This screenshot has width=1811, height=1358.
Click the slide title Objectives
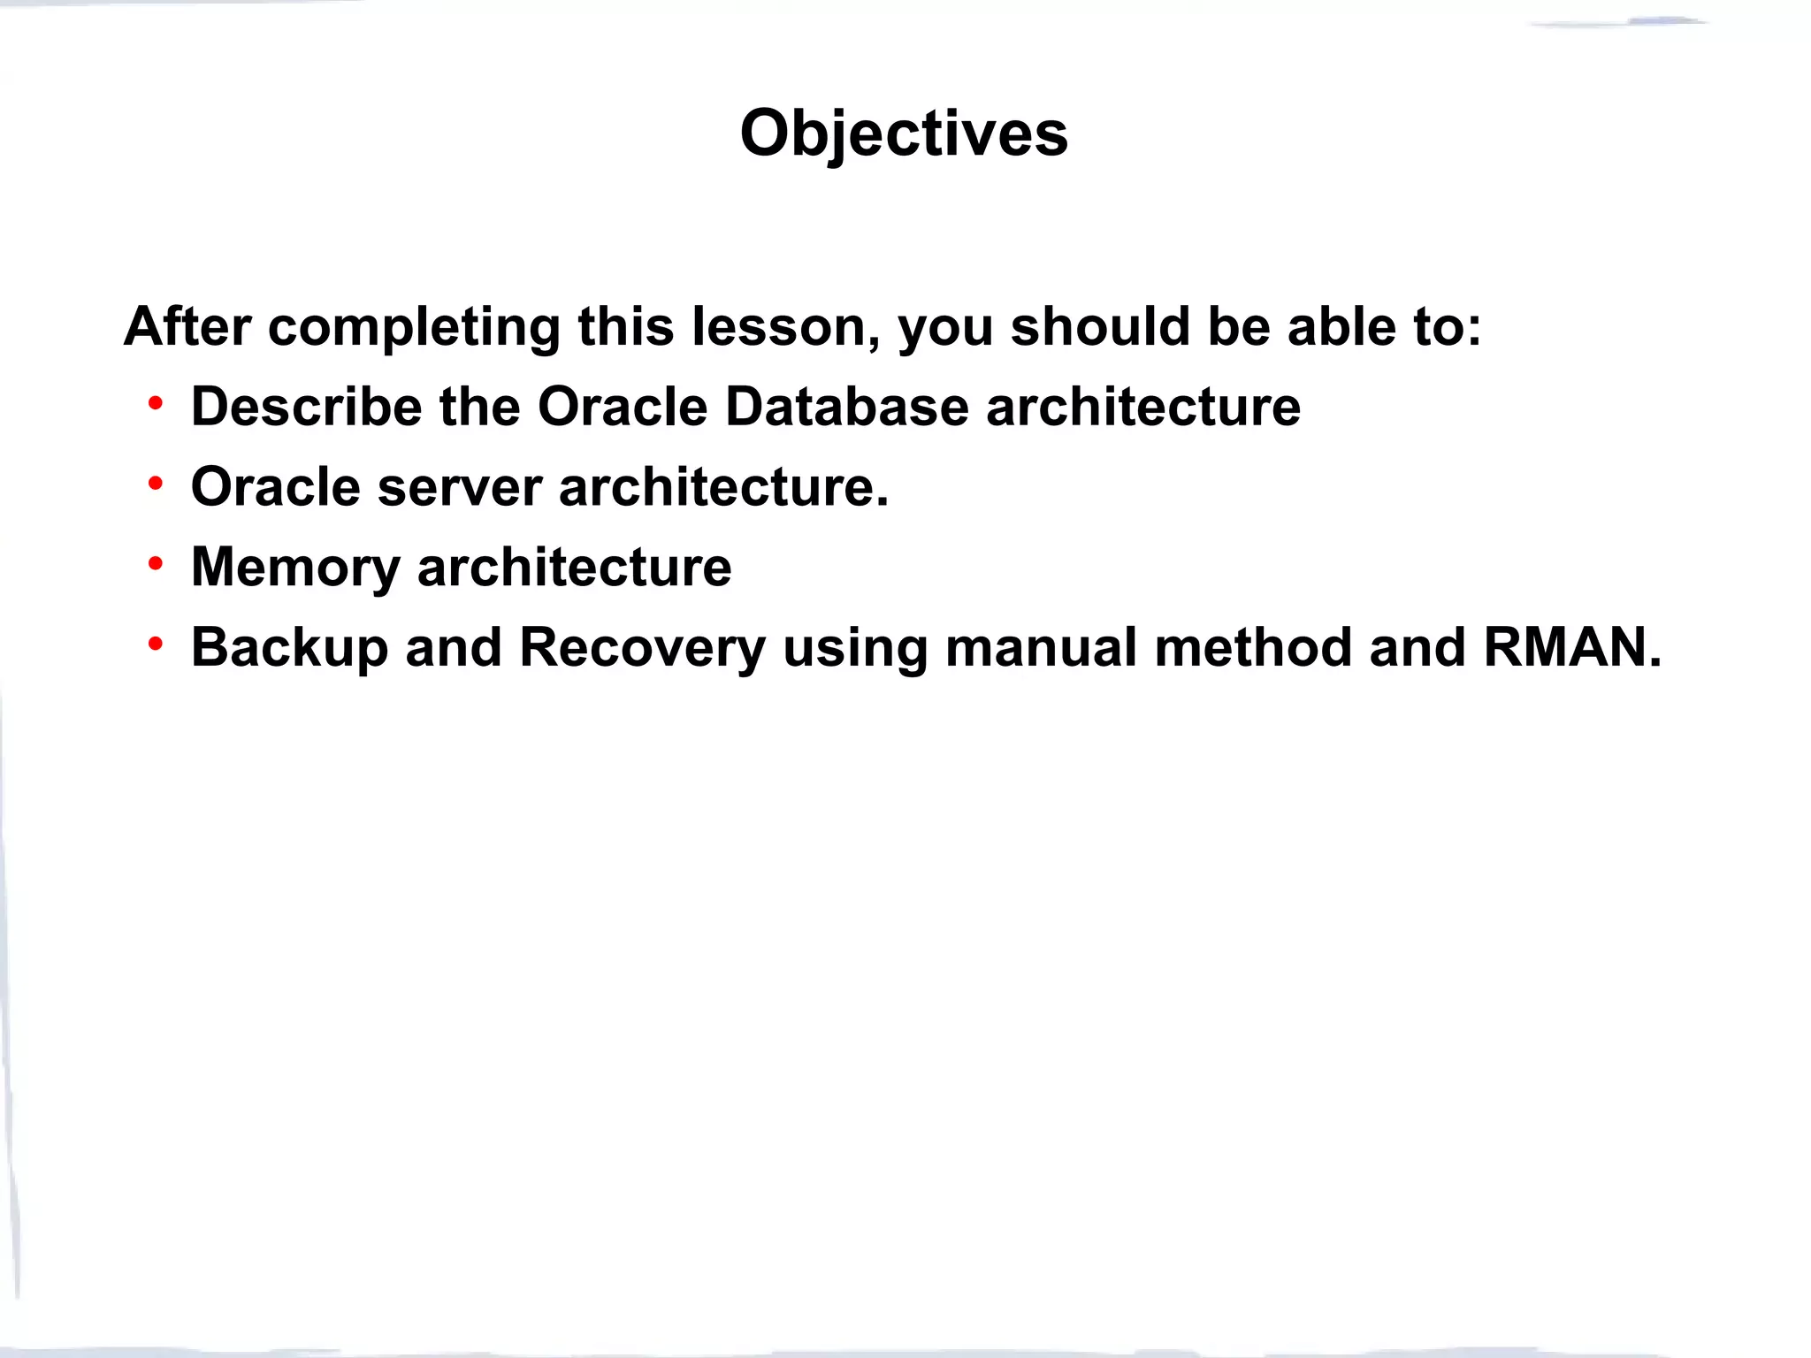[904, 134]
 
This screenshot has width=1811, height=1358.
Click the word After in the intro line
[187, 326]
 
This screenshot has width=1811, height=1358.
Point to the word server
[459, 487]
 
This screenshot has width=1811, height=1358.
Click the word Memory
[295, 568]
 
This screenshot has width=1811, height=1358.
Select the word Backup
[289, 648]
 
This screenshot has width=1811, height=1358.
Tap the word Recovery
[642, 648]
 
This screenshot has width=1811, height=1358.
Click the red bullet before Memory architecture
[156, 564]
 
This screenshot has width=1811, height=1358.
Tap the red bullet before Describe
[156, 404]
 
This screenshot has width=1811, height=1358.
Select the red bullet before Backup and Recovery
[156, 645]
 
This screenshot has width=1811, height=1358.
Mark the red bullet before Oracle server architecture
[156, 484]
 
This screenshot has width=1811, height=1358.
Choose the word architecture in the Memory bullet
[574, 568]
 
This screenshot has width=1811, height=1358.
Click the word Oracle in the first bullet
[623, 407]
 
